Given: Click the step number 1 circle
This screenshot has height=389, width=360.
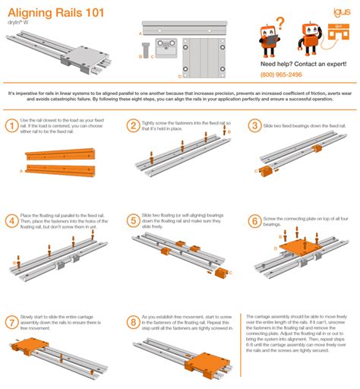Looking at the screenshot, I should pos(11,126).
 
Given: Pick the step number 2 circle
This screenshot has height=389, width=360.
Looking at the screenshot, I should pos(132,126).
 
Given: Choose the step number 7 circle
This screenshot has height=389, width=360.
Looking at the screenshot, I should pos(11,321).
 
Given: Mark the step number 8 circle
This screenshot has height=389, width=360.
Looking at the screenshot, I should pos(132,321).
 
